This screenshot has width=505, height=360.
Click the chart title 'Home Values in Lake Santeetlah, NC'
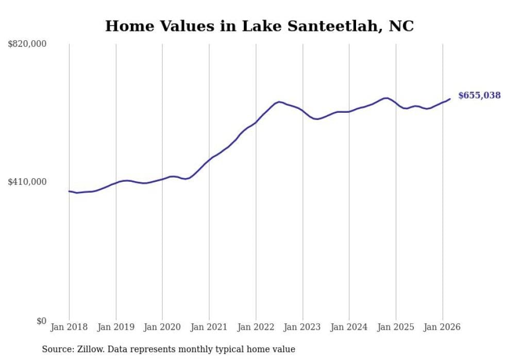(x=259, y=26)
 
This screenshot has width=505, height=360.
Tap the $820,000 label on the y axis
(x=27, y=44)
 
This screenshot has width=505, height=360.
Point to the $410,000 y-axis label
(x=27, y=182)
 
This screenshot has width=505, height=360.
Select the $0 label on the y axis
(x=41, y=321)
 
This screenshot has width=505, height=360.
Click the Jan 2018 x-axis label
(x=69, y=327)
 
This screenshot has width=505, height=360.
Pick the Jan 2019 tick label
(x=116, y=327)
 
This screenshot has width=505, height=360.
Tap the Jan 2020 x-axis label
(x=162, y=327)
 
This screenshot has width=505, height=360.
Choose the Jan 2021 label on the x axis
(x=209, y=327)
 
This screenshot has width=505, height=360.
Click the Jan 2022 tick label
(x=256, y=327)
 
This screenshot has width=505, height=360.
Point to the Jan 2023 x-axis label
(x=302, y=327)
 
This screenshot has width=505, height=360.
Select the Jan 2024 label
(x=349, y=327)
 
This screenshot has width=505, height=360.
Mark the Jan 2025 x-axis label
(x=396, y=327)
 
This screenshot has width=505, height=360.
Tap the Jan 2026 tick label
(x=442, y=327)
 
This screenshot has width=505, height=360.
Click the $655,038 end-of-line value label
(x=479, y=95)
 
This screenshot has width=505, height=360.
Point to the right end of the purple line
(x=450, y=99)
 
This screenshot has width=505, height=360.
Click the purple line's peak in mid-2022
(x=279, y=102)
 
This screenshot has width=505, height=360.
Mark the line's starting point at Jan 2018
(x=69, y=191)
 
